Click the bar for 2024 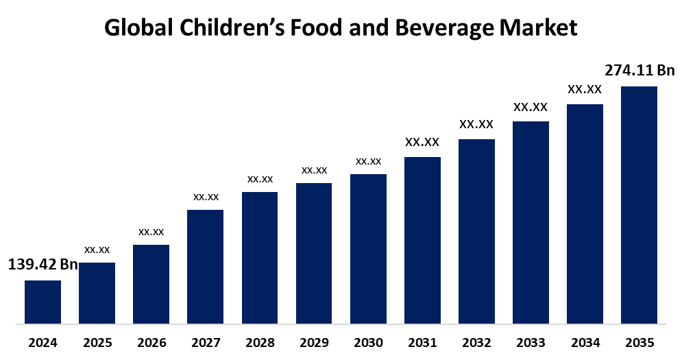click(42, 302)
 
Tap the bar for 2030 click(368, 248)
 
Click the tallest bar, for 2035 click(639, 204)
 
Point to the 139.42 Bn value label click(42, 265)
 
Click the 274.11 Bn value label click(640, 70)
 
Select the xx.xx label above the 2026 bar click(151, 232)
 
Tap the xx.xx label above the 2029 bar click(314, 170)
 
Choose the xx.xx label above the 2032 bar click(476, 124)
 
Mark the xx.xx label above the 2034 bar click(585, 89)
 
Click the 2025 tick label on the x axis click(97, 342)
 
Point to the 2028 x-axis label click(260, 342)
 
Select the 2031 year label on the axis click(422, 342)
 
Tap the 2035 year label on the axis click(639, 342)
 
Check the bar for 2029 click(314, 253)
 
